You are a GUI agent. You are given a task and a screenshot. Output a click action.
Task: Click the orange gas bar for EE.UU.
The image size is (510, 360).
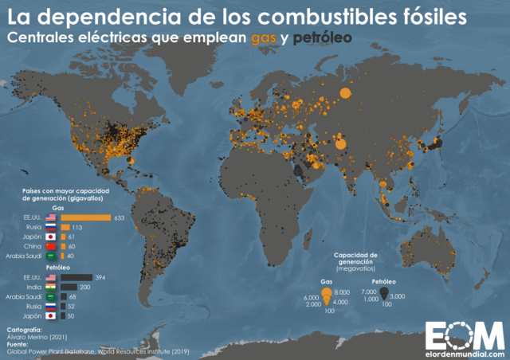pyautogui.click(x=85, y=217)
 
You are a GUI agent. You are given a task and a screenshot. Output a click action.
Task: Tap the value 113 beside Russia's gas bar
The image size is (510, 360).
pyautogui.click(x=78, y=227)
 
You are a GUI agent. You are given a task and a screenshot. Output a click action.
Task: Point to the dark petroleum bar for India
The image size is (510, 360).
pyautogui.click(x=69, y=287)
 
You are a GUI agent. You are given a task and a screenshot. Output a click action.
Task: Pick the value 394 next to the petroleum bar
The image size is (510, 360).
pyautogui.click(x=101, y=277)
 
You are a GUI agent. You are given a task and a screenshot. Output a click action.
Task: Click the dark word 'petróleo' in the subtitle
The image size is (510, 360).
pyautogui.click(x=324, y=37)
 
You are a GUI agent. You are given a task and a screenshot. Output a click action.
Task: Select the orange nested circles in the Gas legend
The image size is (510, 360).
pyautogui.click(x=327, y=296)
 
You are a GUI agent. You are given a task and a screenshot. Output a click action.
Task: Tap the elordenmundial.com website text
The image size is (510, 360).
pyautogui.click(x=465, y=353)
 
